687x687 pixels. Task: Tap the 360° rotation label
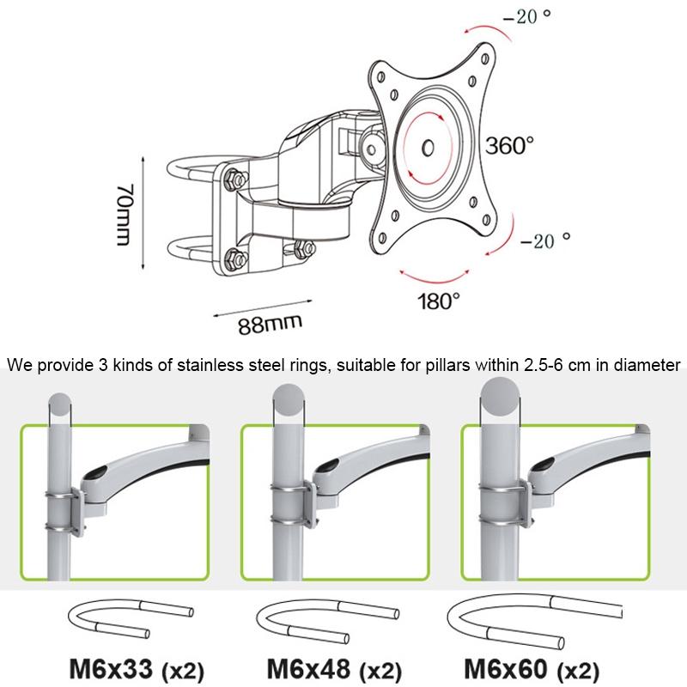511,146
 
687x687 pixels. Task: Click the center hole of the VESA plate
429,148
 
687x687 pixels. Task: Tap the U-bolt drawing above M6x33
128,621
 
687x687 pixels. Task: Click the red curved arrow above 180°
439,277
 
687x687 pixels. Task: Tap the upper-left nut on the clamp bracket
234,179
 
